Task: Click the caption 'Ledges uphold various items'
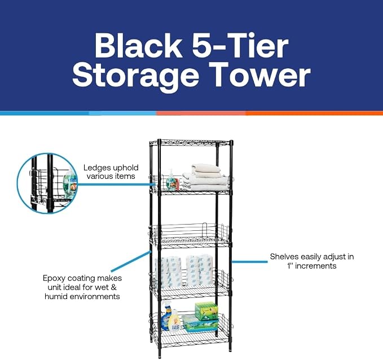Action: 111,172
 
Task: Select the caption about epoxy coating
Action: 82,287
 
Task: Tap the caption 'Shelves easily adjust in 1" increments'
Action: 312,261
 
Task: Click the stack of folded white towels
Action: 205,177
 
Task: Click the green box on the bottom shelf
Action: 206,311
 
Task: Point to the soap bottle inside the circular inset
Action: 70,183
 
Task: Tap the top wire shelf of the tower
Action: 191,143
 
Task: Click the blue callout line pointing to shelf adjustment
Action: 249,262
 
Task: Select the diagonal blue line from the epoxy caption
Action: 131,261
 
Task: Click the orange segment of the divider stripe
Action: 314,113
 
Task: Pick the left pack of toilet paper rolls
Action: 168,272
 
